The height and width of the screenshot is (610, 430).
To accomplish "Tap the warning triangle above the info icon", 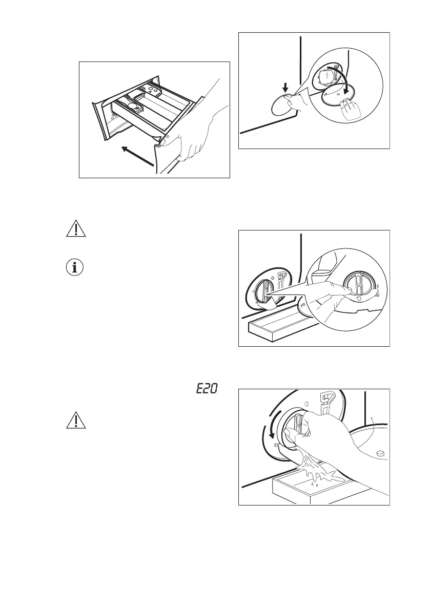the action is point(76,230).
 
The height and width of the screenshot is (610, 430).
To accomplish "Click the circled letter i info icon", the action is point(76,267).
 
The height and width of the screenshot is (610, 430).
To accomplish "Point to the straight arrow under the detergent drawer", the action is point(137,157).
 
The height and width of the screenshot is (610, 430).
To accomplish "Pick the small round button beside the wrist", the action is point(381,453).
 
